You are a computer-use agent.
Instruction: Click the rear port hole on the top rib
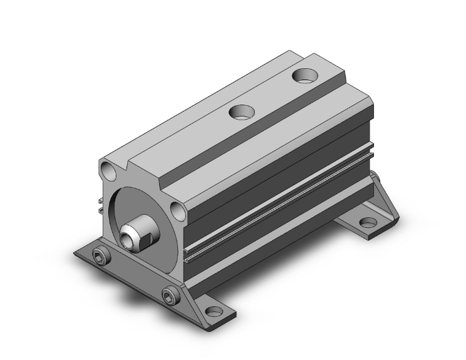tap(306, 76)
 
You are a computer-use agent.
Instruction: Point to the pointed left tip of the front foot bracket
tap(76, 254)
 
